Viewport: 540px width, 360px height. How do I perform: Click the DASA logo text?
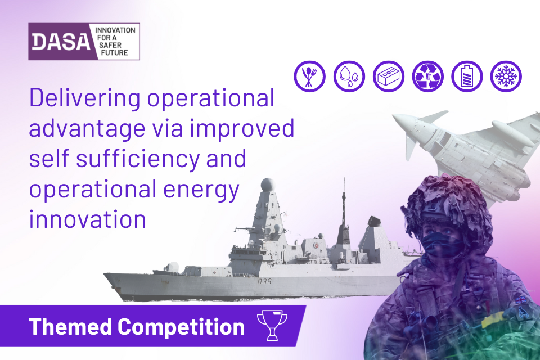click(x=61, y=42)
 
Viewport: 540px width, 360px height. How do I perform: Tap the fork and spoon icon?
click(x=309, y=76)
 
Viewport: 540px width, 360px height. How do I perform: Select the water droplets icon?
click(x=349, y=76)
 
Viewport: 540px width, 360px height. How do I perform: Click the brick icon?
click(x=389, y=76)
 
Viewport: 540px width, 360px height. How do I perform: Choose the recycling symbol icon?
click(x=427, y=76)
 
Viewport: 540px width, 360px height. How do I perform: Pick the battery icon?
click(x=467, y=76)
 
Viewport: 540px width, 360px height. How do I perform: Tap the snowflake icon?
click(x=506, y=76)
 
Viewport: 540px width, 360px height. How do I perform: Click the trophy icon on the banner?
click(x=272, y=325)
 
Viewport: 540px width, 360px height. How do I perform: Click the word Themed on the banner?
click(x=70, y=326)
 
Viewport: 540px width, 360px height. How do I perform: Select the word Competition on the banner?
click(x=181, y=327)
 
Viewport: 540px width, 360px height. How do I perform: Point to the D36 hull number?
click(x=264, y=281)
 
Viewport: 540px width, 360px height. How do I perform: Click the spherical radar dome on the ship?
click(x=268, y=184)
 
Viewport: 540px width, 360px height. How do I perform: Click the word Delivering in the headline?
click(x=84, y=98)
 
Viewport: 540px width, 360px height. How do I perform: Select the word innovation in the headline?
click(x=88, y=219)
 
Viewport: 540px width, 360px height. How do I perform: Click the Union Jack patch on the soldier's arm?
click(x=521, y=299)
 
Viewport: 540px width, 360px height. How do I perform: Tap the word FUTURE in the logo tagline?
click(x=114, y=53)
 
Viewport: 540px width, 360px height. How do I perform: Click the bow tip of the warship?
click(x=105, y=274)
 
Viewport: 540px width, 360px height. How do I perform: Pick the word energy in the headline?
click(x=201, y=190)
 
